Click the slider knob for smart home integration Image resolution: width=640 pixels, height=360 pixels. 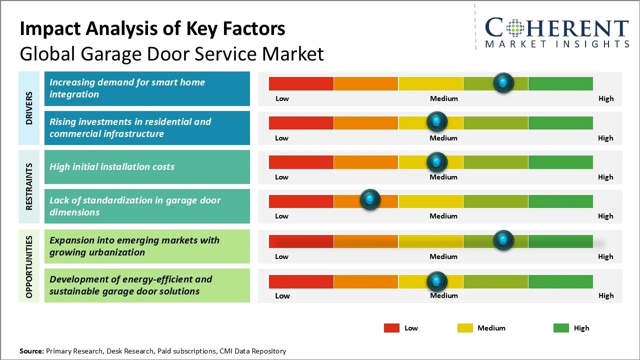pos(503,82)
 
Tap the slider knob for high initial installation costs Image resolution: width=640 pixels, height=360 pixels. pos(437,161)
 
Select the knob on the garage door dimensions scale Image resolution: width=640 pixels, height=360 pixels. pos(370,200)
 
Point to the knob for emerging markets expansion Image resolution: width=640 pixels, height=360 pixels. pos(503,240)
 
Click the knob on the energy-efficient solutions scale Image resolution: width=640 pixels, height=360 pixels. pos(437,281)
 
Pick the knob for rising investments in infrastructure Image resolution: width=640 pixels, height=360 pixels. pos(437,121)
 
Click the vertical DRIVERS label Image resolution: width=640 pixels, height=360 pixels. pos(29,108)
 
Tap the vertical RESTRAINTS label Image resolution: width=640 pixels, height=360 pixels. pos(29,186)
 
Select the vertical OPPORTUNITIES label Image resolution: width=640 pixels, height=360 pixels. pos(29,266)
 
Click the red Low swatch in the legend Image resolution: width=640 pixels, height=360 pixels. pos(391,328)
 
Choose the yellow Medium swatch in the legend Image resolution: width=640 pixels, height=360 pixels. pos(465,328)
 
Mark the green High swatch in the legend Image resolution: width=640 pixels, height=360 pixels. pos(561,328)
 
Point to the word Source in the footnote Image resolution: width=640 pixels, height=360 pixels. pos(31,351)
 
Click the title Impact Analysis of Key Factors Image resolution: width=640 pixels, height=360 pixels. pos(152,28)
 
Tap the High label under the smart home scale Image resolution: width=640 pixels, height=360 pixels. pos(606,98)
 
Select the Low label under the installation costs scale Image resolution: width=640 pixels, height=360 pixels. pos(282,177)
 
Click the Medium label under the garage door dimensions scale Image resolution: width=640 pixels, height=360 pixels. pos(443,216)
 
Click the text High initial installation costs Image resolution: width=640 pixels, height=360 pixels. pos(112,167)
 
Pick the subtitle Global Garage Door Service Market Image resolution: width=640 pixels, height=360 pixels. pos(171,53)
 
